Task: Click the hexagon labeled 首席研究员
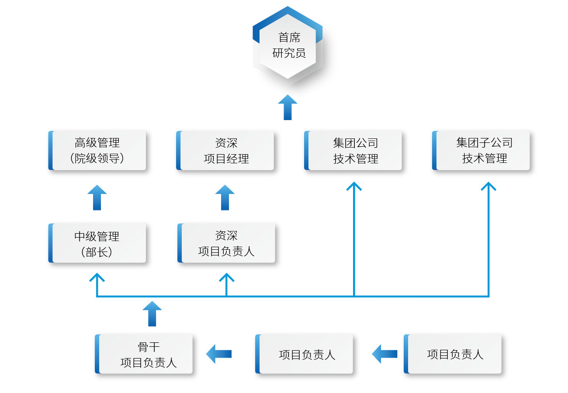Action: (287, 45)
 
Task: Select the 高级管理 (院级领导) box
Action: (97, 150)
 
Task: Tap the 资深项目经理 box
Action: (225, 150)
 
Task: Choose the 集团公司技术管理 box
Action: (353, 150)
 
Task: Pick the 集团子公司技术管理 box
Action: (481, 150)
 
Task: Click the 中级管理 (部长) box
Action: (97, 243)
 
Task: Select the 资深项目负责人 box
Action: (226, 243)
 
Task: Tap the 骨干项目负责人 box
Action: (144, 354)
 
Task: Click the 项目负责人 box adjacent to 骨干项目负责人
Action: (305, 354)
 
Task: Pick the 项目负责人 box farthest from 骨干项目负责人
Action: (453, 354)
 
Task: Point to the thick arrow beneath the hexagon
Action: (287, 107)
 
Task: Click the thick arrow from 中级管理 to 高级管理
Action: (97, 197)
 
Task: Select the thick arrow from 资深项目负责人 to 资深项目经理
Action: (225, 197)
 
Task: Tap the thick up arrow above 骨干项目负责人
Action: (152, 314)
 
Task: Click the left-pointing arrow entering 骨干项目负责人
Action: (218, 354)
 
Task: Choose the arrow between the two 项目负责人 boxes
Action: (384, 354)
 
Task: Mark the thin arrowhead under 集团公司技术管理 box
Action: (354, 186)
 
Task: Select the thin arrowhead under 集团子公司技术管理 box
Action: (488, 186)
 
